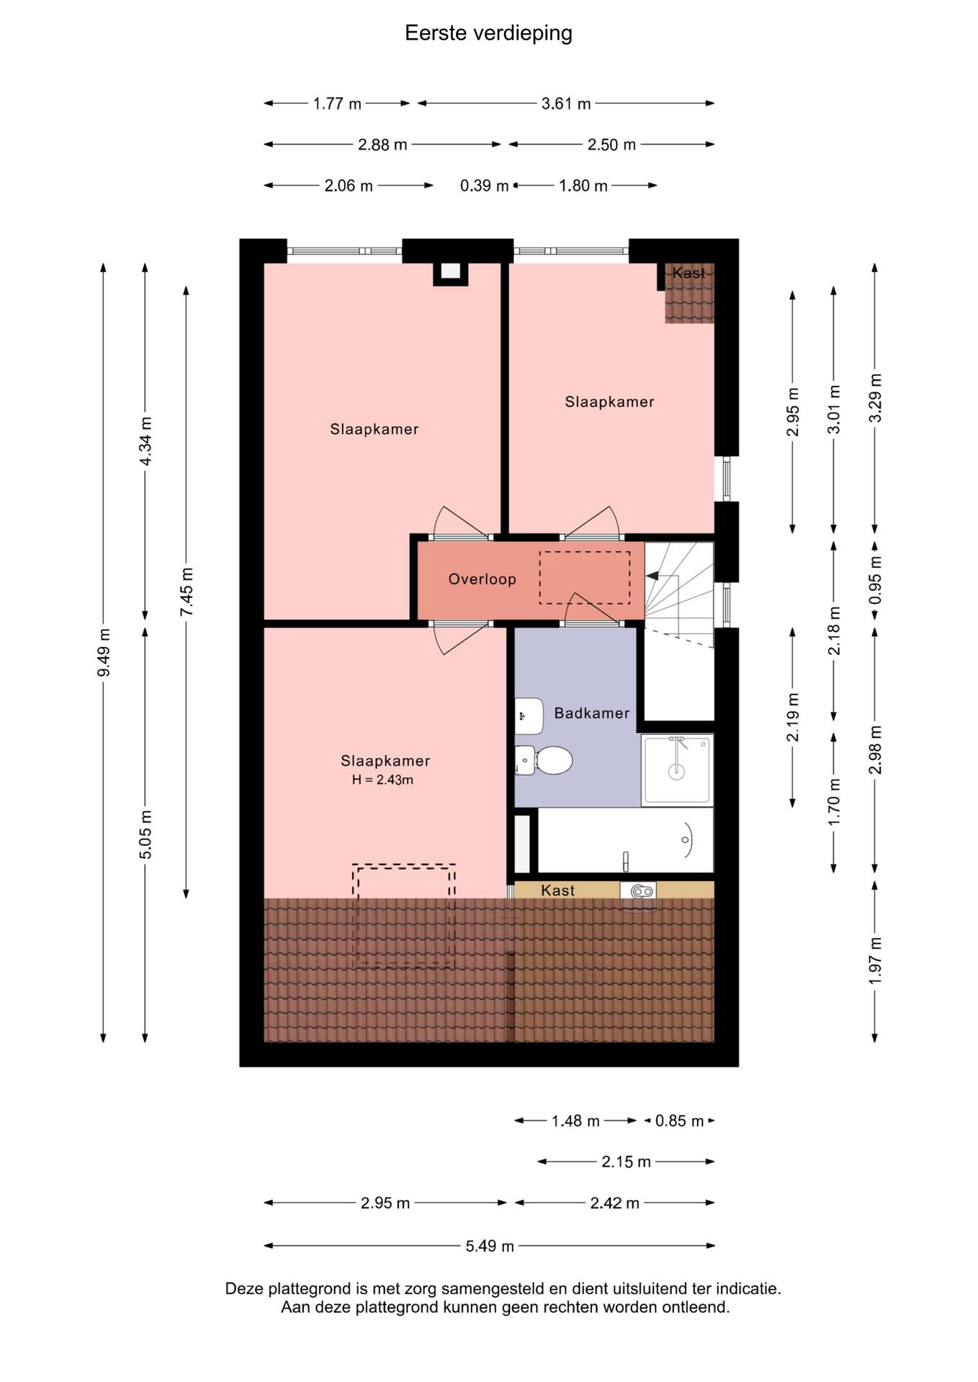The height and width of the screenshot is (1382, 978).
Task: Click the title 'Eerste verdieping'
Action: (x=488, y=33)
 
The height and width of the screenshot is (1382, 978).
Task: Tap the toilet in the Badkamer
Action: (x=544, y=760)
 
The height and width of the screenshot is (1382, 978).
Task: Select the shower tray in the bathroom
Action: (x=677, y=769)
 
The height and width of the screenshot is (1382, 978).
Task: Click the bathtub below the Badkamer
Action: (x=626, y=840)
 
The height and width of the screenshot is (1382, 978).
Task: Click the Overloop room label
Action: (x=482, y=579)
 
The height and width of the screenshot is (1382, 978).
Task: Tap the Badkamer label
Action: (x=591, y=713)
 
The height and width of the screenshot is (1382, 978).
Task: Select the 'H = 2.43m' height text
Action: (x=382, y=780)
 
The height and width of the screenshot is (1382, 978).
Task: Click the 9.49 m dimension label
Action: (x=104, y=652)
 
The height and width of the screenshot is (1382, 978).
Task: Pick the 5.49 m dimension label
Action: (x=490, y=1246)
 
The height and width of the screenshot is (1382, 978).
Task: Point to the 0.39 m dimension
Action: (x=484, y=186)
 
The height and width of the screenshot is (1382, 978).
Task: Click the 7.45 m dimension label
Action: (x=187, y=592)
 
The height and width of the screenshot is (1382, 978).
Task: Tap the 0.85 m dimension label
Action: (x=679, y=1121)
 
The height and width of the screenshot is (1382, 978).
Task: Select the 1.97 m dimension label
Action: (x=875, y=961)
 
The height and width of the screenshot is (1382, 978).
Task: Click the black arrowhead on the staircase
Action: (x=652, y=576)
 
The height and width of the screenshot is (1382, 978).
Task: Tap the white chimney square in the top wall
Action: (x=450, y=271)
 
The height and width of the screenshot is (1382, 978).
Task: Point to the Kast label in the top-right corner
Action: (x=688, y=273)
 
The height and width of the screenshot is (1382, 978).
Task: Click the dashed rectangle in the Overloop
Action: (x=584, y=578)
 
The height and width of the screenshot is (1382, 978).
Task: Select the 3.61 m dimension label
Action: (x=566, y=104)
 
